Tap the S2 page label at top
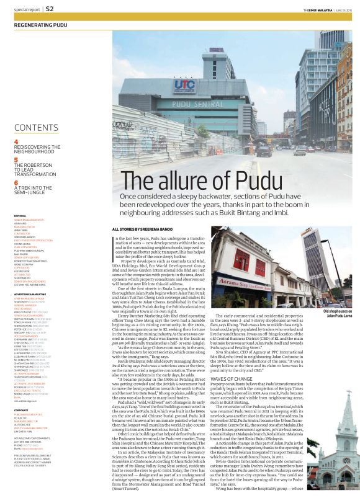[50, 9]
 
